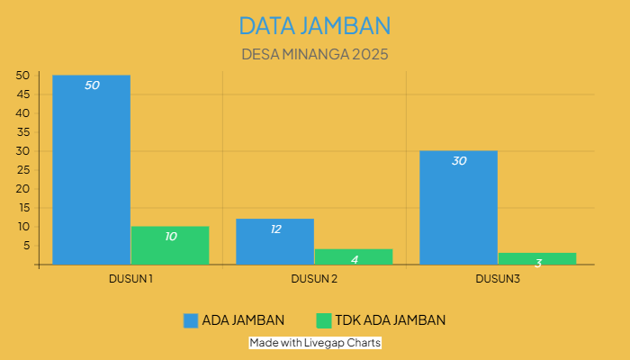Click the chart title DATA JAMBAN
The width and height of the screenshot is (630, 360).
tap(315, 24)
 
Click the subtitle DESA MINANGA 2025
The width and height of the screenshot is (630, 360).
tap(315, 54)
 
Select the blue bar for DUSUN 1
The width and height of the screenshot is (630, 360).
tap(91, 171)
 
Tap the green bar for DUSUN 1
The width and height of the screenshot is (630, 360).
tap(170, 246)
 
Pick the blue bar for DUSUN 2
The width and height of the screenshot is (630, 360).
tap(274, 242)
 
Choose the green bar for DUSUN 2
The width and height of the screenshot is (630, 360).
tap(354, 256)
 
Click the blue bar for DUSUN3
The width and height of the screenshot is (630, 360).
tap(458, 208)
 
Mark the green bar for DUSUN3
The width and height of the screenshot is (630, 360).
tap(537, 259)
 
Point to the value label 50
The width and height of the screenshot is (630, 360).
tap(92, 85)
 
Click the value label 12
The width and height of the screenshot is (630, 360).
tap(275, 229)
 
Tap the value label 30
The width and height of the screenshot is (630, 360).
tap(459, 161)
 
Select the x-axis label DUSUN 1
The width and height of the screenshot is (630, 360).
tap(130, 279)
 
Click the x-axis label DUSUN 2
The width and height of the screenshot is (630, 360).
tap(314, 279)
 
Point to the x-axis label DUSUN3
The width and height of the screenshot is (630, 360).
tap(498, 279)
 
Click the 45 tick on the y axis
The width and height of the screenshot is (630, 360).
tap(23, 94)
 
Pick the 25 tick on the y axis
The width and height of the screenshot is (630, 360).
tap(23, 170)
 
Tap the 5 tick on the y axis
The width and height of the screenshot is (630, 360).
tap(27, 246)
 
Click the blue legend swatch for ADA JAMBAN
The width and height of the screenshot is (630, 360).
tap(190, 320)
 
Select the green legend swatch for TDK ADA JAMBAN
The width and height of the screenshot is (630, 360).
tap(325, 320)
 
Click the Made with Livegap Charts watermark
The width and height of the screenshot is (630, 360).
tap(315, 343)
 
